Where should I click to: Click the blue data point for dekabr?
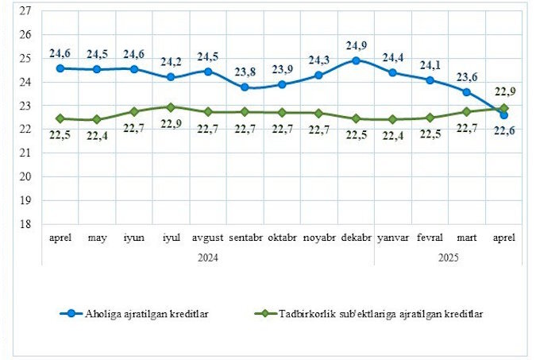tap(356, 60)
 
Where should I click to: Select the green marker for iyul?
tap(171, 106)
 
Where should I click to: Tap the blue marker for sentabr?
tap(245, 87)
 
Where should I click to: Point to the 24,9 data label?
tap(356, 45)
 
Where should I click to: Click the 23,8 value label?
tap(245, 72)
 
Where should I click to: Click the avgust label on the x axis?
tap(208, 238)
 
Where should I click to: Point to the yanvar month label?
tap(392, 238)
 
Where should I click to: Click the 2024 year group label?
tap(208, 257)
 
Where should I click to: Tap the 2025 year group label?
tap(448, 257)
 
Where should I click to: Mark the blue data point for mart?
tap(467, 91)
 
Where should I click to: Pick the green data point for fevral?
tap(430, 118)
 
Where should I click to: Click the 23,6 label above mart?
tap(467, 77)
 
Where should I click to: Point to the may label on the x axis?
tap(97, 238)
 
